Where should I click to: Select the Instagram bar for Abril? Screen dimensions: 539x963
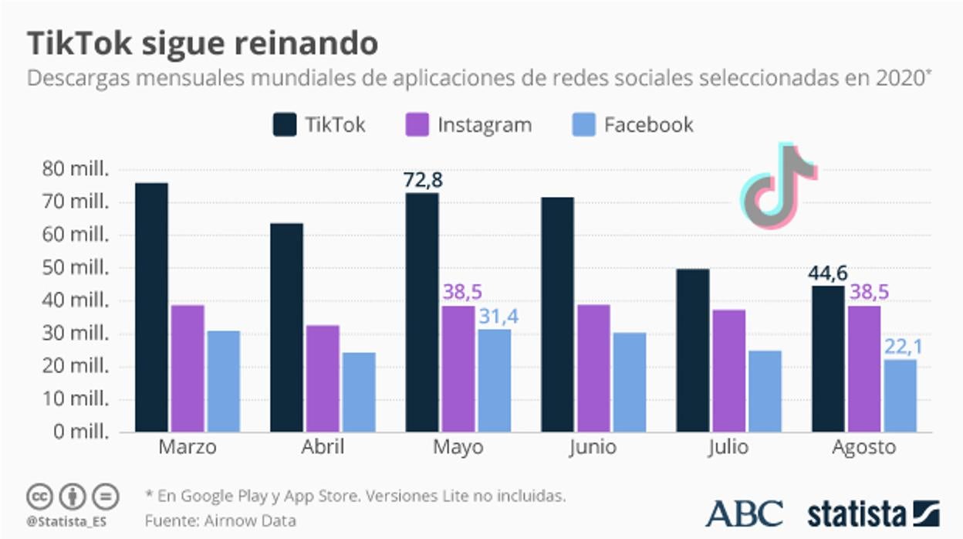[323, 378]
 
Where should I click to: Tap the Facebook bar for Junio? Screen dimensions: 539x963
[629, 382]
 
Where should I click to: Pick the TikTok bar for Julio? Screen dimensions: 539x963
[692, 351]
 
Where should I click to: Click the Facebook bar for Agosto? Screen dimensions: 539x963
[900, 395]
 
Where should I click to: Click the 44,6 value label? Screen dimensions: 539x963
[827, 273]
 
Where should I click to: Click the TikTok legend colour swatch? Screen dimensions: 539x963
[284, 124]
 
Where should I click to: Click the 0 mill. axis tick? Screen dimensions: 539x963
[81, 432]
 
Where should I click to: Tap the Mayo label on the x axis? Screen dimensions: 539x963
[458, 448]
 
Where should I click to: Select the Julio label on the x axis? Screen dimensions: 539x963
[728, 448]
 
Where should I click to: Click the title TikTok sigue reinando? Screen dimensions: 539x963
[203, 44]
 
